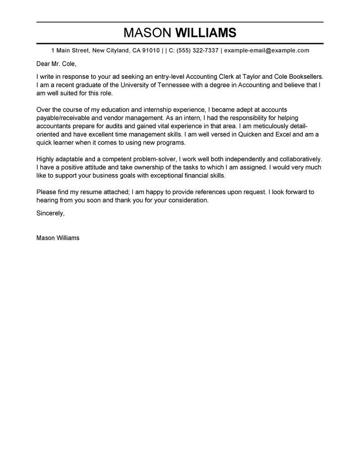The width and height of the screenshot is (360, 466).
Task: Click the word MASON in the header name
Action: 147,33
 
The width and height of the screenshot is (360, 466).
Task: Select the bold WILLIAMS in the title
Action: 205,33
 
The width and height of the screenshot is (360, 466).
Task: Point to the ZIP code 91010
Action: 151,50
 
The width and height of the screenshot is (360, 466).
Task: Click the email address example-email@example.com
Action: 266,50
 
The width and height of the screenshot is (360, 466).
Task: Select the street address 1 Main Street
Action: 69,50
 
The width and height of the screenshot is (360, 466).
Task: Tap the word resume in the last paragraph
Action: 93,192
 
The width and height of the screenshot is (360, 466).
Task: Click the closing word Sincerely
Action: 50,213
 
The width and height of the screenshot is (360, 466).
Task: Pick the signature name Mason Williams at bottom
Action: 58,238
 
